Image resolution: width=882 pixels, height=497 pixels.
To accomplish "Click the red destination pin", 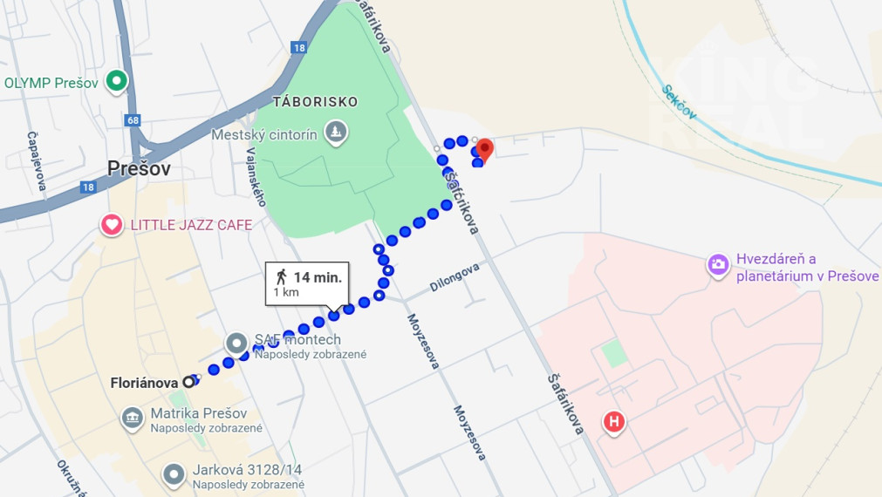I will click(484, 149).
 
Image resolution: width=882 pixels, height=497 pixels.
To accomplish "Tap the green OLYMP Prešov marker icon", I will click(116, 83).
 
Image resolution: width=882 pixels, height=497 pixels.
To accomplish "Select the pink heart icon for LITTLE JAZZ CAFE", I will click(112, 225).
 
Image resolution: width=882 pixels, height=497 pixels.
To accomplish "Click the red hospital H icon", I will click(614, 423).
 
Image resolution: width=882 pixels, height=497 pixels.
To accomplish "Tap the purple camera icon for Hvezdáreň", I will click(718, 264).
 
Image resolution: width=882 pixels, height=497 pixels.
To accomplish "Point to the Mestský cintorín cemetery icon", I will click(335, 133).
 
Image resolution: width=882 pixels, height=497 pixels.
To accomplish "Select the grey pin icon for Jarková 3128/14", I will click(174, 473).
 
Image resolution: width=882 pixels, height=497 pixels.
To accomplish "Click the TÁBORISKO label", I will click(316, 102).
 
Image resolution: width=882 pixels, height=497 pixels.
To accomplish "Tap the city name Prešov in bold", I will click(139, 168).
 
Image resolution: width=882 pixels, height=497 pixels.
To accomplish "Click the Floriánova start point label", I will click(144, 382).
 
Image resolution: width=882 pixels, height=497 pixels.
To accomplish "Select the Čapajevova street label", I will click(37, 161).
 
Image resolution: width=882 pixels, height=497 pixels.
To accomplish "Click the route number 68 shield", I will click(132, 119).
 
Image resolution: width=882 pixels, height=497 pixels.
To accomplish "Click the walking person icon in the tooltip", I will click(281, 276).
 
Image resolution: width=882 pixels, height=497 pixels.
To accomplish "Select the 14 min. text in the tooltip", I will click(317, 277).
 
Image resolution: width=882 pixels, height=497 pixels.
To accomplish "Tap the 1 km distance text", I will click(286, 293).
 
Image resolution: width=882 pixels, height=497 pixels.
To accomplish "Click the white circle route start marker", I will click(188, 382).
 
